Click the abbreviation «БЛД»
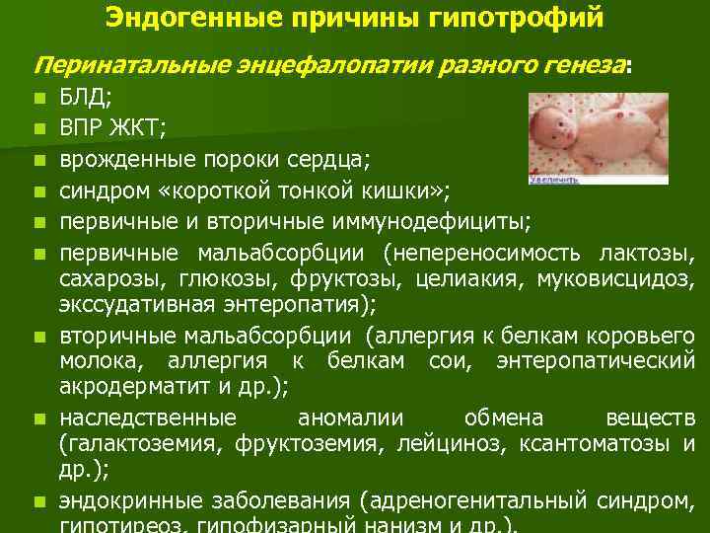point(82,99)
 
